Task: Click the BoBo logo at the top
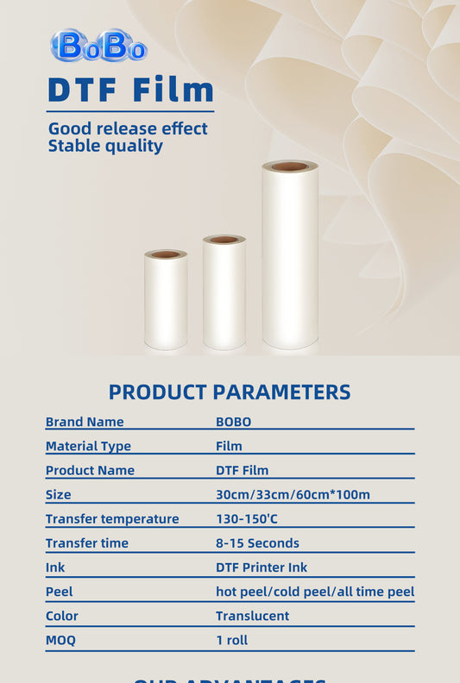(98, 47)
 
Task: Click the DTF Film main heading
(130, 90)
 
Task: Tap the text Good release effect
(128, 129)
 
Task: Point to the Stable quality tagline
(105, 146)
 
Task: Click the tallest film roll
(290, 259)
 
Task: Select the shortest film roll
(166, 302)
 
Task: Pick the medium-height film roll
(224, 295)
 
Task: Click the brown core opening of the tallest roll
(290, 166)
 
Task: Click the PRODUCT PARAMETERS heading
(230, 392)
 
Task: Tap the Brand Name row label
(85, 422)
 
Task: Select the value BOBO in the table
(233, 422)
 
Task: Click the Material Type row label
(88, 446)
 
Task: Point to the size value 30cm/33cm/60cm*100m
(293, 494)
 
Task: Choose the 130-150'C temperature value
(247, 518)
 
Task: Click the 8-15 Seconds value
(257, 542)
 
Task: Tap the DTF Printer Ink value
(262, 567)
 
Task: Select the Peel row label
(59, 592)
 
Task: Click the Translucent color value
(252, 616)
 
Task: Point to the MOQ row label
(60, 640)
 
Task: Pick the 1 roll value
(233, 640)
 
